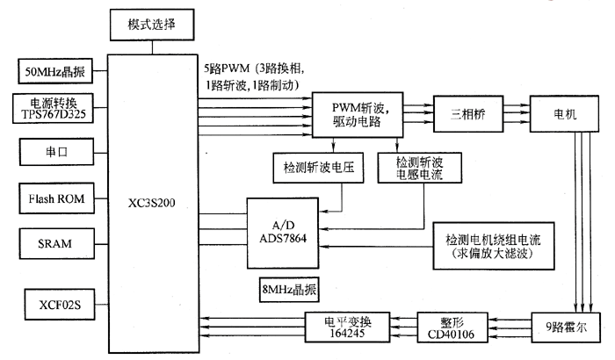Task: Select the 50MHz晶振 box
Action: (x=54, y=69)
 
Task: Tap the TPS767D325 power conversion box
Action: (x=54, y=108)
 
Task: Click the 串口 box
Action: (x=54, y=151)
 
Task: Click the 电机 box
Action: (x=565, y=115)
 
